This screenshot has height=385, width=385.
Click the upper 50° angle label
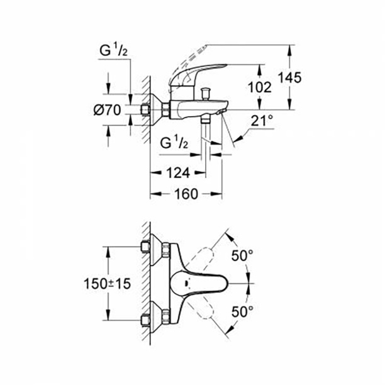point(242,256)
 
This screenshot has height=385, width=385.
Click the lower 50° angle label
point(242,311)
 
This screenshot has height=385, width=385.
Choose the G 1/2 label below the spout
point(175,143)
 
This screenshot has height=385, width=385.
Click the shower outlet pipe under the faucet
point(205,135)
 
